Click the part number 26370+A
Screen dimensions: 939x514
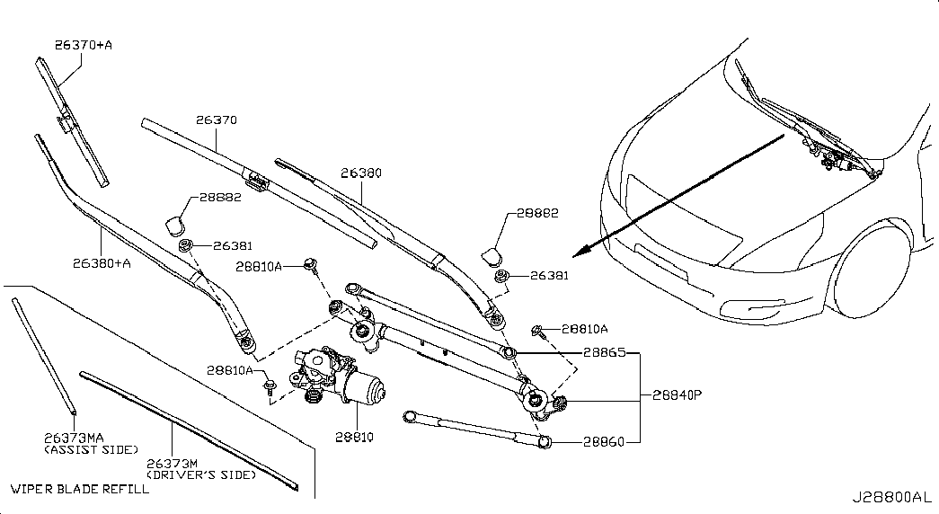point(84,44)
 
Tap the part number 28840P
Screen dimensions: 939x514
point(677,394)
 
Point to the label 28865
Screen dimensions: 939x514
point(604,352)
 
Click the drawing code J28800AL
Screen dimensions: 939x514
point(891,497)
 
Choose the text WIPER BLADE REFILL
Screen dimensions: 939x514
point(80,489)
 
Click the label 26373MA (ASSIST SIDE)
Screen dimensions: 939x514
point(91,443)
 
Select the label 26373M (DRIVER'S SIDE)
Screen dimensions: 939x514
point(201,468)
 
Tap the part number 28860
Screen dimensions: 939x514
point(604,441)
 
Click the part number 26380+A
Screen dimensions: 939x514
point(102,262)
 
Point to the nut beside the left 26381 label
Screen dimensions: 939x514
point(186,244)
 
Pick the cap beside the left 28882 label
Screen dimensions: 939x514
point(175,225)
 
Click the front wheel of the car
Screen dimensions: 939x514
point(872,272)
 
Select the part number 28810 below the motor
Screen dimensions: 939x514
point(355,437)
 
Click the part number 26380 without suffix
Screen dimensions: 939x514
point(361,173)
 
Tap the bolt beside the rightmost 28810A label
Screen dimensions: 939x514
point(537,330)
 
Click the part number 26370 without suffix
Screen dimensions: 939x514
point(217,120)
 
